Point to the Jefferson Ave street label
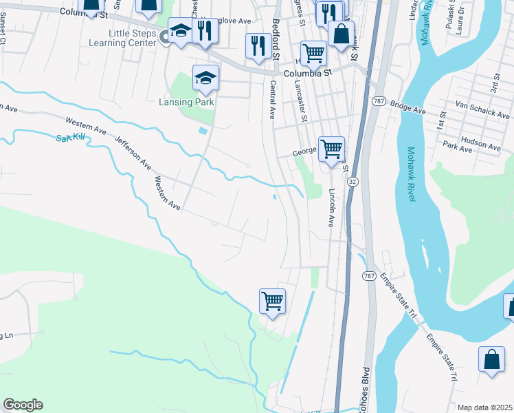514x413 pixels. click(133, 152)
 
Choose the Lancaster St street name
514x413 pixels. click(300, 101)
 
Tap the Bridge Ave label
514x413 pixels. click(408, 106)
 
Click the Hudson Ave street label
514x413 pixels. click(481, 142)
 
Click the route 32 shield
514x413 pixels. click(353, 181)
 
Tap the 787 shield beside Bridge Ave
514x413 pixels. click(378, 101)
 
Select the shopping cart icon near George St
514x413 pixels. click(331, 148)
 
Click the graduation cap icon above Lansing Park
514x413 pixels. click(205, 78)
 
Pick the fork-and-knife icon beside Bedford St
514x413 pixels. click(258, 45)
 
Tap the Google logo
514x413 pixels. click(23, 405)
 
